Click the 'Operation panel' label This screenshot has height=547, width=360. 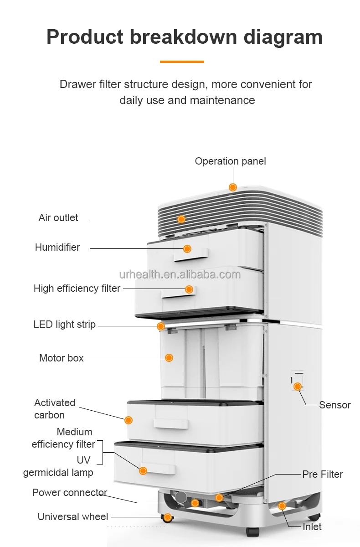230,161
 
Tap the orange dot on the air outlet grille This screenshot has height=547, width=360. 181,219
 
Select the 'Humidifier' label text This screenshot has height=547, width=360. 57,248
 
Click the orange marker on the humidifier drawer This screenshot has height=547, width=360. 187,248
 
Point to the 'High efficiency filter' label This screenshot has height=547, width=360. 77,289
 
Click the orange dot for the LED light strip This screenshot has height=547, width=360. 160,326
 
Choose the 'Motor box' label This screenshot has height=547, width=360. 62,358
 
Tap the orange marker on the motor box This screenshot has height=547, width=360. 169,358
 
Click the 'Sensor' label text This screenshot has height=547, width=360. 334,405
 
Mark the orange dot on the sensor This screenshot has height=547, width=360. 298,387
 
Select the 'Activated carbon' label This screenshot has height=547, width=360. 55,409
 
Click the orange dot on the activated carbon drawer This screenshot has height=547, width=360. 129,420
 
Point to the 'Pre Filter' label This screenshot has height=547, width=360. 322,475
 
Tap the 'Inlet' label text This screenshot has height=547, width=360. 312,527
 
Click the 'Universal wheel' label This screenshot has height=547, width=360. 73,517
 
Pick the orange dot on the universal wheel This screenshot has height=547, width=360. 168,517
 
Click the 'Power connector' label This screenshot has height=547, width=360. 70,493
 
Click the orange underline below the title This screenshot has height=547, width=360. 182,62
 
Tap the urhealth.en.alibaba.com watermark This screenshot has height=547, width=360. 180,274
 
